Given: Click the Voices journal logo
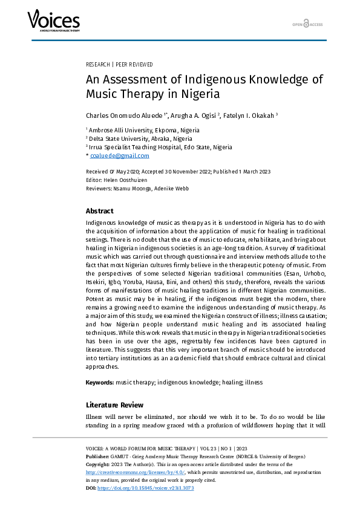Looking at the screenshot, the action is (53, 22).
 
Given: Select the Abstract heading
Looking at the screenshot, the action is (99, 211).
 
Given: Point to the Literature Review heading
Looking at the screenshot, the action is (115, 404).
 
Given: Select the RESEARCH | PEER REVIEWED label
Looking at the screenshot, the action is (120, 64).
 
